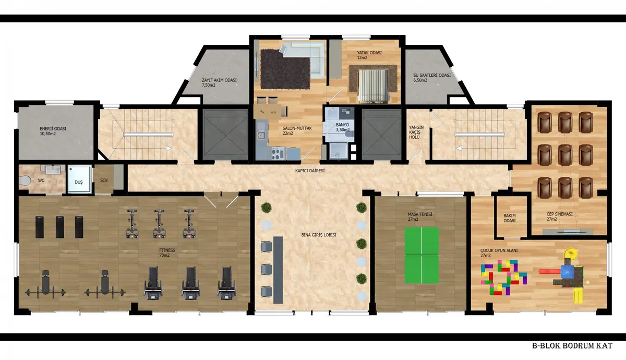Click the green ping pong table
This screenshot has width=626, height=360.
click(x=422, y=255)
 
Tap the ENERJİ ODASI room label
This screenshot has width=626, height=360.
click(x=53, y=131)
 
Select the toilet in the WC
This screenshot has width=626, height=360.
click(x=25, y=181)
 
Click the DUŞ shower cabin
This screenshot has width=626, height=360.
click(x=79, y=179)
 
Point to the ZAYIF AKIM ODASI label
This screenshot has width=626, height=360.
click(x=219, y=82)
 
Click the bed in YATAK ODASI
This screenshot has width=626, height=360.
click(x=373, y=85)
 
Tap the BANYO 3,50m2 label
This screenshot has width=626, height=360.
click(x=343, y=127)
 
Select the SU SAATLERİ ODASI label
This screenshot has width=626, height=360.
click(x=432, y=78)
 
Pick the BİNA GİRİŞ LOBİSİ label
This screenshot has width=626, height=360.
click(x=319, y=235)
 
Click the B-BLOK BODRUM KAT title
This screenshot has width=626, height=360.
click(x=572, y=346)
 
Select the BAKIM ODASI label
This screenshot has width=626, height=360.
click(x=510, y=218)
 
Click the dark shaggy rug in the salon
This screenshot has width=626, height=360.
click(x=285, y=69)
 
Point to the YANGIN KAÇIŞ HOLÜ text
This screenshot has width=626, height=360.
click(x=416, y=132)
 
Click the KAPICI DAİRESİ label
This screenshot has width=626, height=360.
click(x=310, y=171)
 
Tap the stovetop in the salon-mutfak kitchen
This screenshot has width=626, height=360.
click(x=278, y=153)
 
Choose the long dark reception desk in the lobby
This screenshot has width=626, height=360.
click(x=278, y=270)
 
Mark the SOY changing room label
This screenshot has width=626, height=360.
click(x=104, y=181)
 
